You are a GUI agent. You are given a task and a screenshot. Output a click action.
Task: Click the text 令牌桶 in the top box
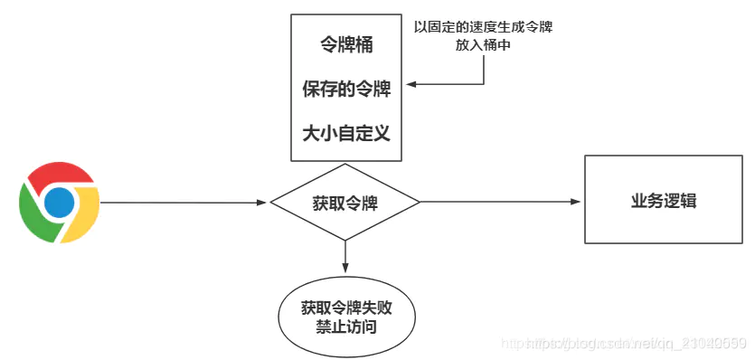[345, 43]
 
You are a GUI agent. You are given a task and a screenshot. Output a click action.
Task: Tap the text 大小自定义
[345, 133]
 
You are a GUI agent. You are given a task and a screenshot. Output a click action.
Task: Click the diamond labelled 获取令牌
[345, 202]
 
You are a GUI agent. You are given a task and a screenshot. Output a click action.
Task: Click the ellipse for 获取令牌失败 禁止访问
[345, 316]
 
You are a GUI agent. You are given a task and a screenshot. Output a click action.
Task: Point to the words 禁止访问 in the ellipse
[345, 326]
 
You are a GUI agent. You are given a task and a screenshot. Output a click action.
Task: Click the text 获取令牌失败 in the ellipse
[345, 307]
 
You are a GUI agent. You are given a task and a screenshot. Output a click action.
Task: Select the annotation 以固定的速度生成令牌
[482, 27]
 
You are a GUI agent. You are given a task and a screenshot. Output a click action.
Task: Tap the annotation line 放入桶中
[483, 44]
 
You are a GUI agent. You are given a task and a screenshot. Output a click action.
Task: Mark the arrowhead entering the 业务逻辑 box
[578, 202]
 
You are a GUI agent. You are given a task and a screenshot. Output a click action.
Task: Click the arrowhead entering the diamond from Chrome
[265, 202]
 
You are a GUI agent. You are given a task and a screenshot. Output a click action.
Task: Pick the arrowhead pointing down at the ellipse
[345, 269]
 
